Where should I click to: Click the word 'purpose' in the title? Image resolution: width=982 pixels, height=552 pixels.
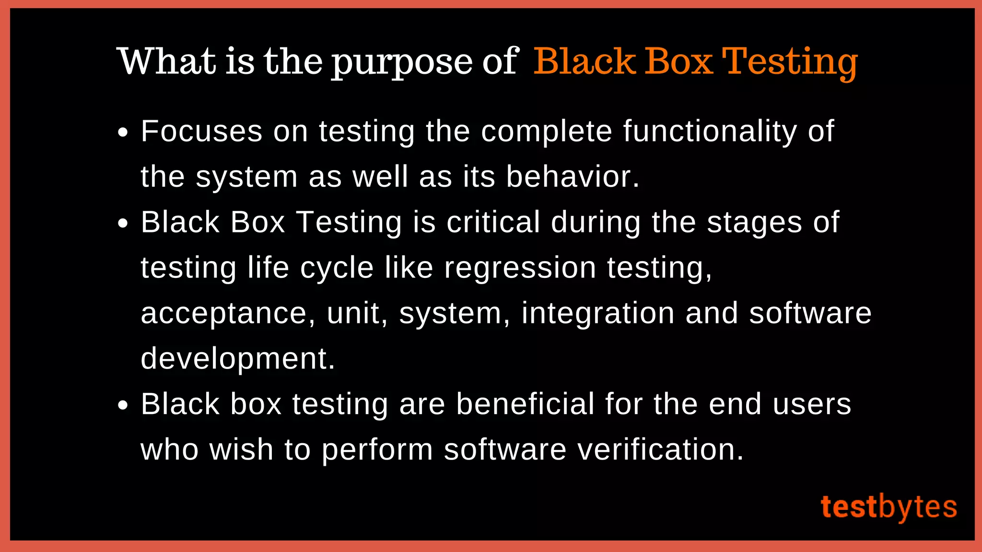(x=402, y=62)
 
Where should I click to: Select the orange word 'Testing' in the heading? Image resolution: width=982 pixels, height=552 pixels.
(x=790, y=62)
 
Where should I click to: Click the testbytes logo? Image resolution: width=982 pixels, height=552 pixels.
(x=888, y=507)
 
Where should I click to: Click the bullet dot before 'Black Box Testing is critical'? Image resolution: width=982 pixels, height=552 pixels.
(x=123, y=223)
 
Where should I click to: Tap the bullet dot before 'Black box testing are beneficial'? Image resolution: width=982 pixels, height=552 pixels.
(x=123, y=405)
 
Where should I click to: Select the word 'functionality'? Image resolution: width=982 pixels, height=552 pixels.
(x=710, y=132)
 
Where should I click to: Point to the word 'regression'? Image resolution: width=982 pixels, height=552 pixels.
(x=520, y=268)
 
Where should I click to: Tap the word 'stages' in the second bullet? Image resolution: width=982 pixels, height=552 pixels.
(x=754, y=223)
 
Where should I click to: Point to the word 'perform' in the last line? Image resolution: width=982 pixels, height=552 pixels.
(x=377, y=450)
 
